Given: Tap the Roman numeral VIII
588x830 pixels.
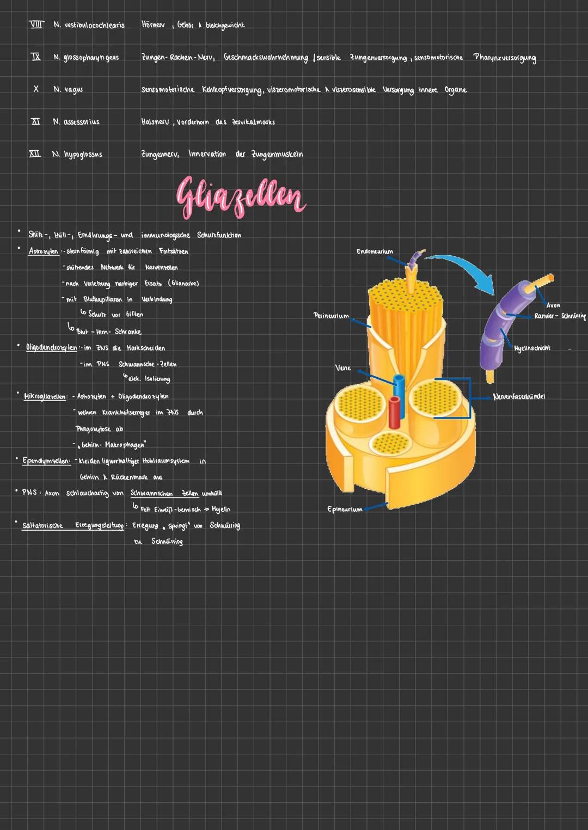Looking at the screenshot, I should point(36,24).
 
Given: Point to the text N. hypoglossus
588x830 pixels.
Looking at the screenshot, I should point(77,155).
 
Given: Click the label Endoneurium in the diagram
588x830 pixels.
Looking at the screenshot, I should point(375,251).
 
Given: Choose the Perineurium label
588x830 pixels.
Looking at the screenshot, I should point(332,316).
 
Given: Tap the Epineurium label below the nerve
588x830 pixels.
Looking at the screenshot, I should point(345,509).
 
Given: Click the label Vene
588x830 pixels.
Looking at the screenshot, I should point(343,368).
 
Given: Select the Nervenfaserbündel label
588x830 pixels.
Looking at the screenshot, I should point(519,397).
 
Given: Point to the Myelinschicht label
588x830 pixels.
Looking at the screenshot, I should point(532,348).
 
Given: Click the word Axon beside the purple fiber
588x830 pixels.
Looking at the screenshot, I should point(553,305).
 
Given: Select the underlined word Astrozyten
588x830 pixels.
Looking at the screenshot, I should point(44,251).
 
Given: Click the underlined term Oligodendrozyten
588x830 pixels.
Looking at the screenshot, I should point(52,348).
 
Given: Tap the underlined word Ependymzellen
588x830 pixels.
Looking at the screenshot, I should point(46,461).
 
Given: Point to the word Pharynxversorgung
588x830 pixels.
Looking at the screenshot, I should point(505,58).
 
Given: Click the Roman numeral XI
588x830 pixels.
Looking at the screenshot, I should point(35,121).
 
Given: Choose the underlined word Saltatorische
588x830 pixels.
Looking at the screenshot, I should point(42,526).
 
